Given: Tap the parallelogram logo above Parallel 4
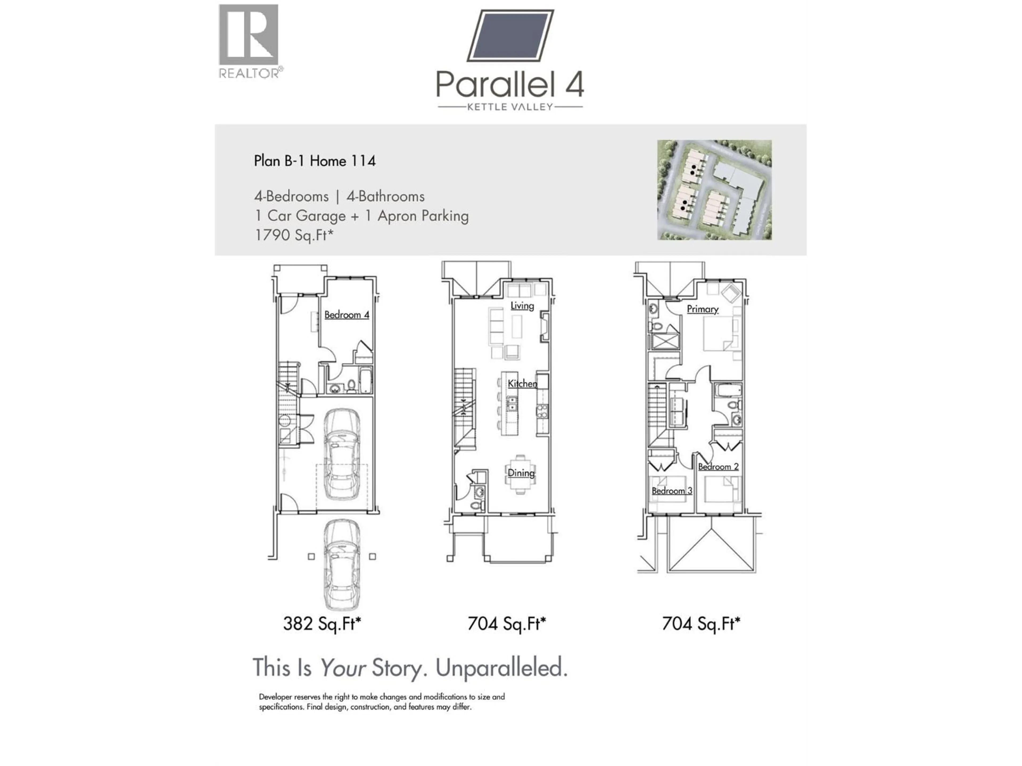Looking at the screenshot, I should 510,36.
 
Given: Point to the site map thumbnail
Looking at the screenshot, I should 714,190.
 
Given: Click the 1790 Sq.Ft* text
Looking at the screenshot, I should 294,235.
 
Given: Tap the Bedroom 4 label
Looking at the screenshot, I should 347,315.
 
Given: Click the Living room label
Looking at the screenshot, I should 522,306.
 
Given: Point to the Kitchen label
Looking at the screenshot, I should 522,383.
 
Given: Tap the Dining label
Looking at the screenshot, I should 521,473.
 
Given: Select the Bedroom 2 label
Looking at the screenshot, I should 718,467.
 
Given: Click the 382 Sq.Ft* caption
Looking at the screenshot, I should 322,624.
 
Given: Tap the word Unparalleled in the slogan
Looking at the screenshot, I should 501,668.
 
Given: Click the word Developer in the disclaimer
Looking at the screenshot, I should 275,697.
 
